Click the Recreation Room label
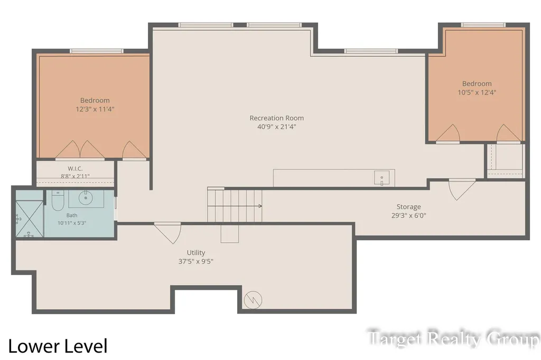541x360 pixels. coord(277,118)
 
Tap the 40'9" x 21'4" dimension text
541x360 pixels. coord(277,127)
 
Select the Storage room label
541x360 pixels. coord(408,207)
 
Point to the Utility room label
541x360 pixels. coord(196,253)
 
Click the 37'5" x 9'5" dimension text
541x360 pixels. coord(195,261)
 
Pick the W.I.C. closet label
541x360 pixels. coord(75,168)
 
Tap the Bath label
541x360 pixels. coord(72,215)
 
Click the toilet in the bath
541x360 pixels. coord(58,201)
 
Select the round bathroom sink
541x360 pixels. coord(86,198)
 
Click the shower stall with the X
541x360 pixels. coord(30,219)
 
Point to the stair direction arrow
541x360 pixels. coord(235,206)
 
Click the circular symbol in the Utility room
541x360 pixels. coord(253,300)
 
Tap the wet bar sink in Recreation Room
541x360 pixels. coord(382,178)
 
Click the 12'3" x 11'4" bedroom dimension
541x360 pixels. coord(95,109)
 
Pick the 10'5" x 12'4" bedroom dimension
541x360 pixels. coord(477,92)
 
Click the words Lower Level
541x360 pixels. coord(58,346)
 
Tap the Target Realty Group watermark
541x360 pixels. coord(453,338)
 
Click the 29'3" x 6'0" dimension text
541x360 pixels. coord(408,215)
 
